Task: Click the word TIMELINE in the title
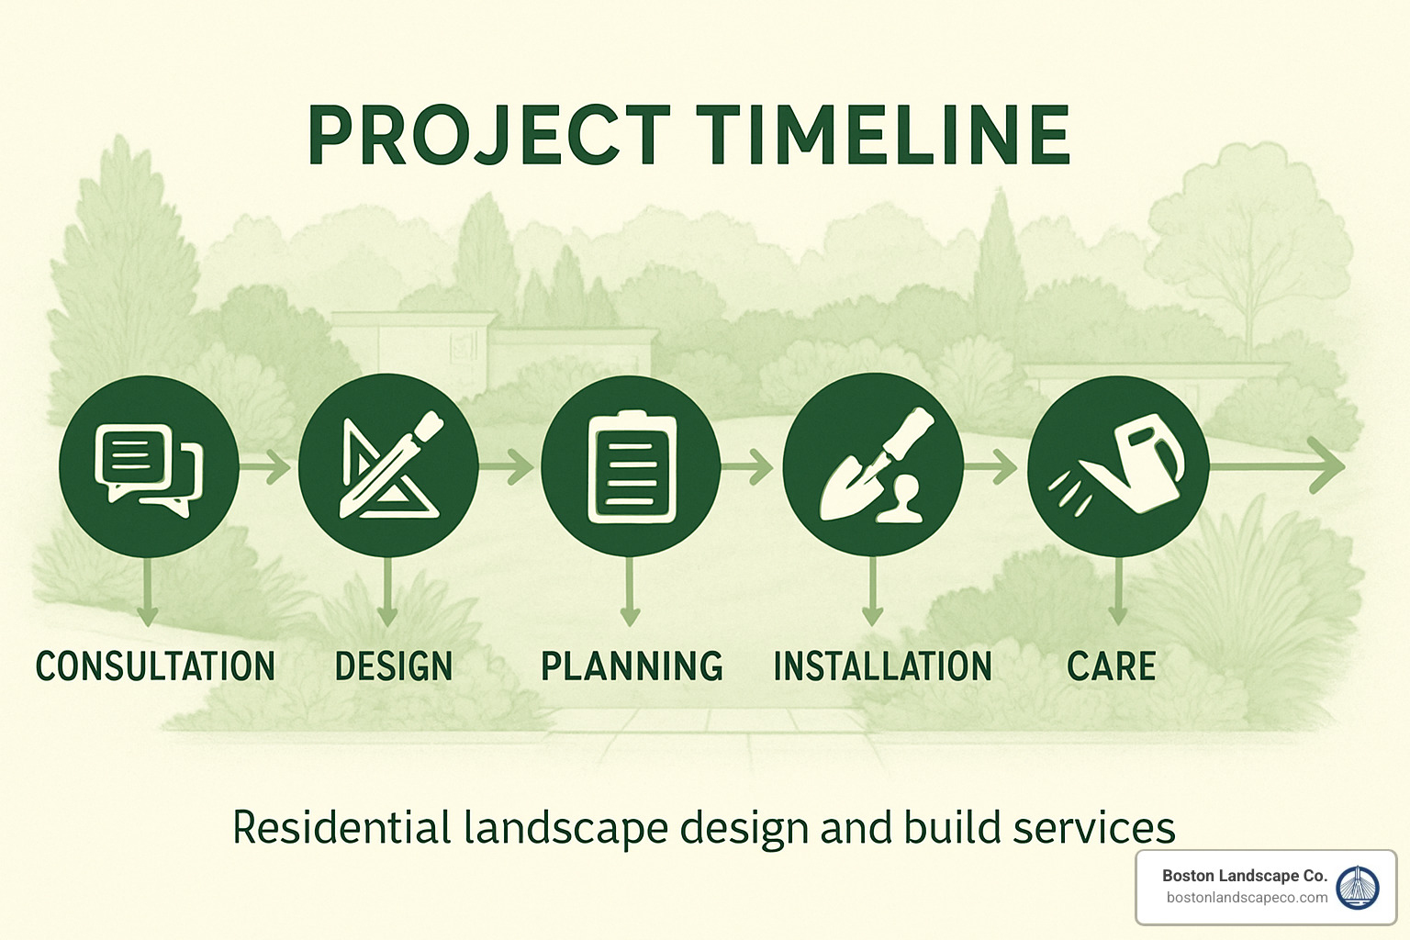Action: point(882,136)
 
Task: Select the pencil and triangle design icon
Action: point(388,465)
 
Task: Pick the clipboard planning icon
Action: point(631,465)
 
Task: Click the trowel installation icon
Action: point(873,465)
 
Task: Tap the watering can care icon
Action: point(1117,465)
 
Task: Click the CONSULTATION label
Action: point(155,666)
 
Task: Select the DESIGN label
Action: point(394,666)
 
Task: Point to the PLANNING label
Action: point(632,666)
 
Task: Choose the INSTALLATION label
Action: point(882,666)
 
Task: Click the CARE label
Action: point(1111,666)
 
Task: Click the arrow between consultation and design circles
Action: point(267,467)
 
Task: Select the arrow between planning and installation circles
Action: point(749,467)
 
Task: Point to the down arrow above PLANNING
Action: point(630,592)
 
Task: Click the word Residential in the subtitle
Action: point(341,828)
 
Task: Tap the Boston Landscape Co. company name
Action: point(1244,876)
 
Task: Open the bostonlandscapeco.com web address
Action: point(1247,898)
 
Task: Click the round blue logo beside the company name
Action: point(1358,887)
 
